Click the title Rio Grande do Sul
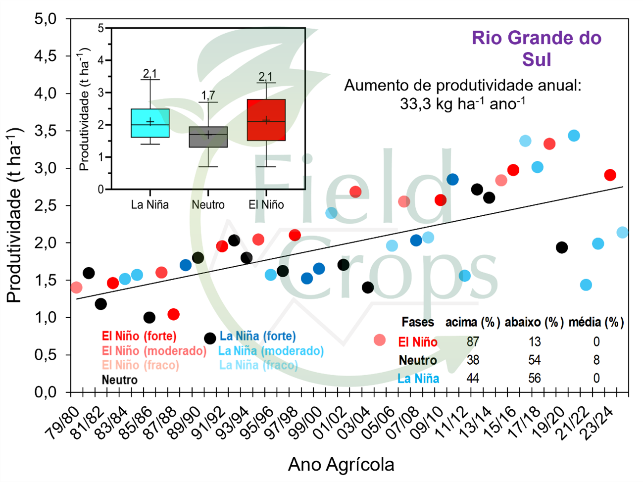click(x=537, y=48)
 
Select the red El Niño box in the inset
click(x=266, y=120)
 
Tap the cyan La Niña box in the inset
click(x=150, y=123)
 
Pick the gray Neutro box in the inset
click(x=208, y=137)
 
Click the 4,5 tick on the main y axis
click(x=46, y=56)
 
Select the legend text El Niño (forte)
click(x=139, y=336)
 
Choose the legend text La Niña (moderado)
click(x=271, y=351)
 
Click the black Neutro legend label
click(x=119, y=380)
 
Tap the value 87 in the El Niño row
click(x=473, y=341)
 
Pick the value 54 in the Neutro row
click(x=534, y=360)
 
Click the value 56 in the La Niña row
click(x=534, y=379)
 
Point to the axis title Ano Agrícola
click(x=341, y=465)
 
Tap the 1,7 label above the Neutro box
click(x=208, y=95)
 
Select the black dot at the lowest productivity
click(x=210, y=338)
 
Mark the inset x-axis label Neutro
click(x=208, y=205)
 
